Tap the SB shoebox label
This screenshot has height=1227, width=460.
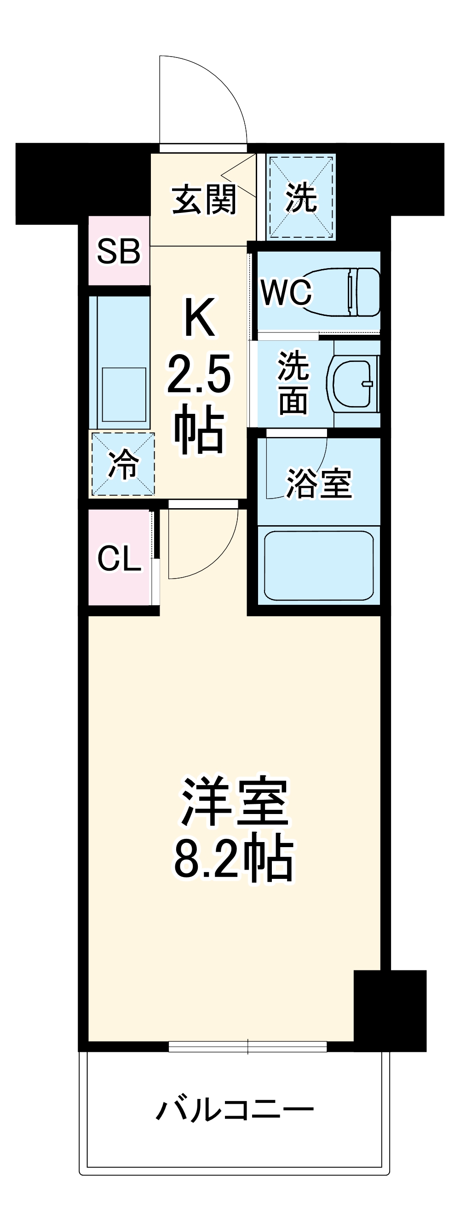(119, 251)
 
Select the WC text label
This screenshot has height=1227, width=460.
(286, 292)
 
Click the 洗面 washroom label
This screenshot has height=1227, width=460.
(293, 383)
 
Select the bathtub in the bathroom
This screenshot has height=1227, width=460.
(319, 565)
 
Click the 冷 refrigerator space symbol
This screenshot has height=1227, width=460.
(123, 464)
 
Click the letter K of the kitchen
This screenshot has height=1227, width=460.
(200, 317)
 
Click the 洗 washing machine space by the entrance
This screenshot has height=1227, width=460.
(300, 197)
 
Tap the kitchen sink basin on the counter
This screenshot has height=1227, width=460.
(124, 395)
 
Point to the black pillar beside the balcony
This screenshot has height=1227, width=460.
(390, 1010)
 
